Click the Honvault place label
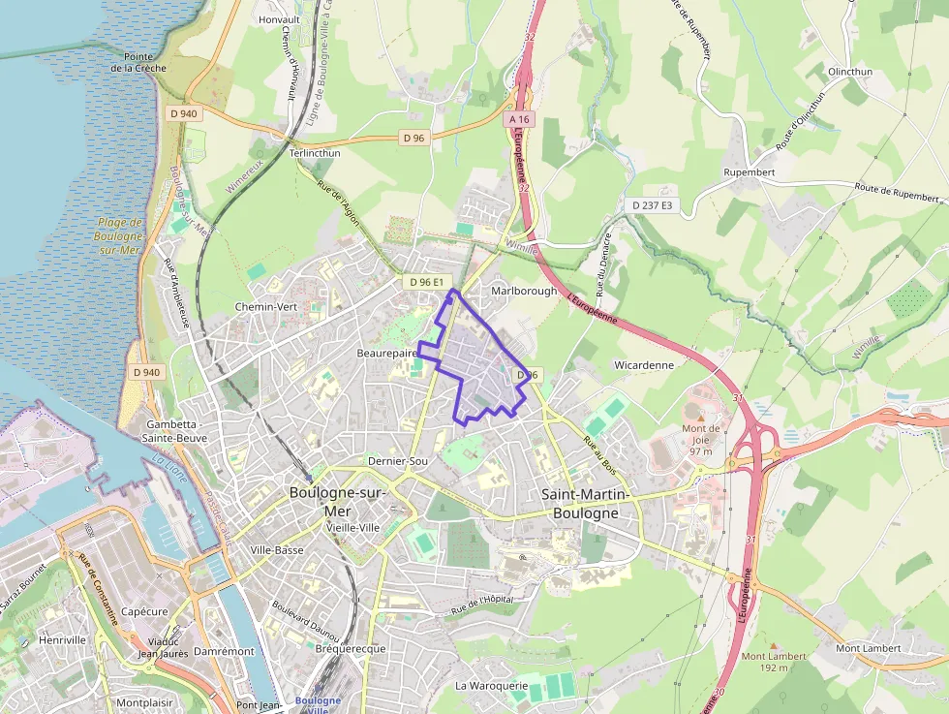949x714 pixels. point(279,19)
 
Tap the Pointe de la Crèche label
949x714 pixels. point(138,63)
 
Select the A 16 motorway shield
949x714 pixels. point(520,119)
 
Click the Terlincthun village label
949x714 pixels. point(316,153)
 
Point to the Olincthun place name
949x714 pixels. point(850,73)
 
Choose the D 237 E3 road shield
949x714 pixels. point(652,205)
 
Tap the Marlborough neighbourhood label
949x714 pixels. point(524,291)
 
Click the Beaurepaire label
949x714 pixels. point(386,353)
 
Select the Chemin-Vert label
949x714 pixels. point(266,307)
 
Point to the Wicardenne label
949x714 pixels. point(644,365)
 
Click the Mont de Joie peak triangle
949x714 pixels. point(701,417)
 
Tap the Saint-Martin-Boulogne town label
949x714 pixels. point(586,504)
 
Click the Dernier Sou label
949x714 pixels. point(398,461)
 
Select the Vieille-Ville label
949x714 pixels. point(354,527)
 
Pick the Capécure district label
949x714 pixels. point(144,611)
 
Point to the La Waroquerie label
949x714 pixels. point(492,686)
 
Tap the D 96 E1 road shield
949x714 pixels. point(426,282)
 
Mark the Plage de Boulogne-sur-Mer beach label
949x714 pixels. point(120,235)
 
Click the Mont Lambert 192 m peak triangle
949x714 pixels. point(774,644)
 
